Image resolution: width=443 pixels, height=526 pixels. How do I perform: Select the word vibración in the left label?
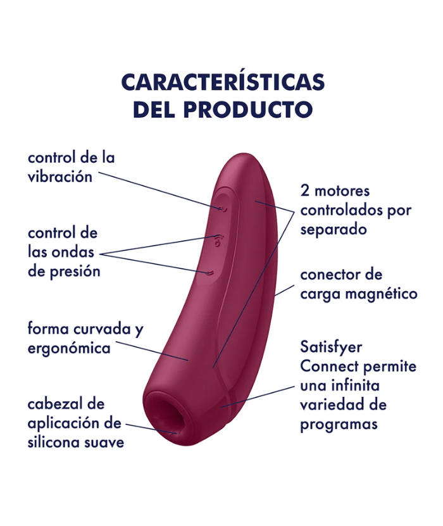(59, 177)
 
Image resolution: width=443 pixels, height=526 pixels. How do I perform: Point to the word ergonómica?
(69, 349)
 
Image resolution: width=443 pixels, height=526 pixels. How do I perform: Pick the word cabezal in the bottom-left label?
(56, 404)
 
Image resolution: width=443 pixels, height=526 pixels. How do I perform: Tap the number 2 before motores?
(305, 191)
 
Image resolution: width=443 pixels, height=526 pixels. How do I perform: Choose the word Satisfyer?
(331, 347)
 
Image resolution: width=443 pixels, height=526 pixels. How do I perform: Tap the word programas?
(339, 424)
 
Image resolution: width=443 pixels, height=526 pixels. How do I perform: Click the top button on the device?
(222, 207)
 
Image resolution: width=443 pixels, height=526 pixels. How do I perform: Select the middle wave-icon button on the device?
(218, 240)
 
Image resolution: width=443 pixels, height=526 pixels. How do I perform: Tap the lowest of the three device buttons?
(211, 273)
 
